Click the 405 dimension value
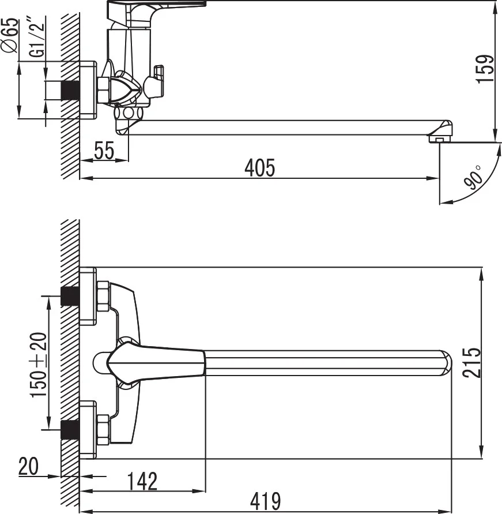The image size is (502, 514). pyautogui.click(x=260, y=167)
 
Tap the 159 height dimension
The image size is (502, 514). pyautogui.click(x=485, y=69)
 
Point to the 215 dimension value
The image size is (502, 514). pyautogui.click(x=471, y=362)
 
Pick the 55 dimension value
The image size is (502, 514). pyautogui.click(x=104, y=151)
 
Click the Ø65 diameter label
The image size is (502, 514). pyautogui.click(x=9, y=36)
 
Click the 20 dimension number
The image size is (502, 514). pyautogui.click(x=28, y=466)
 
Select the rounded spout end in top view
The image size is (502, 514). pyautogui.click(x=445, y=362)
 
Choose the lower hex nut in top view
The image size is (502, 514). pyautogui.click(x=104, y=430)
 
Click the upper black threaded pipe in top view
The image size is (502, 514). pyautogui.click(x=70, y=296)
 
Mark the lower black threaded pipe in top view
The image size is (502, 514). pyautogui.click(x=70, y=430)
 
